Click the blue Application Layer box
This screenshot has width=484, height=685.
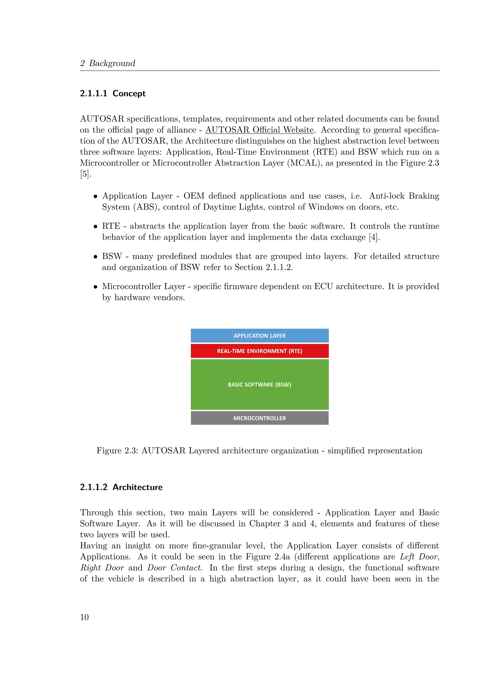tap(259, 336)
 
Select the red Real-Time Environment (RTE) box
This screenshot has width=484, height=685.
tap(259, 351)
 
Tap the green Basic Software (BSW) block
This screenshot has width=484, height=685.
tap(259, 385)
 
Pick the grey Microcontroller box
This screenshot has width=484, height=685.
tap(259, 418)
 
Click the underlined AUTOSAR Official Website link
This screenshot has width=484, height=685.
tap(259, 130)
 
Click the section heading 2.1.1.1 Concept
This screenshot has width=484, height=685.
tap(113, 93)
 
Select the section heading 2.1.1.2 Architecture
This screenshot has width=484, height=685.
tap(121, 487)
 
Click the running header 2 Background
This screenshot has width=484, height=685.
tap(108, 63)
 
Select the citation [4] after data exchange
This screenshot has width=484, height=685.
tap(374, 237)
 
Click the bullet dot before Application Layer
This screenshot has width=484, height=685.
tap(95, 196)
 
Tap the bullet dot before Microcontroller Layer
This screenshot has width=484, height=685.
tap(95, 287)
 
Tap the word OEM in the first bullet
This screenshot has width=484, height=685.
tap(194, 196)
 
